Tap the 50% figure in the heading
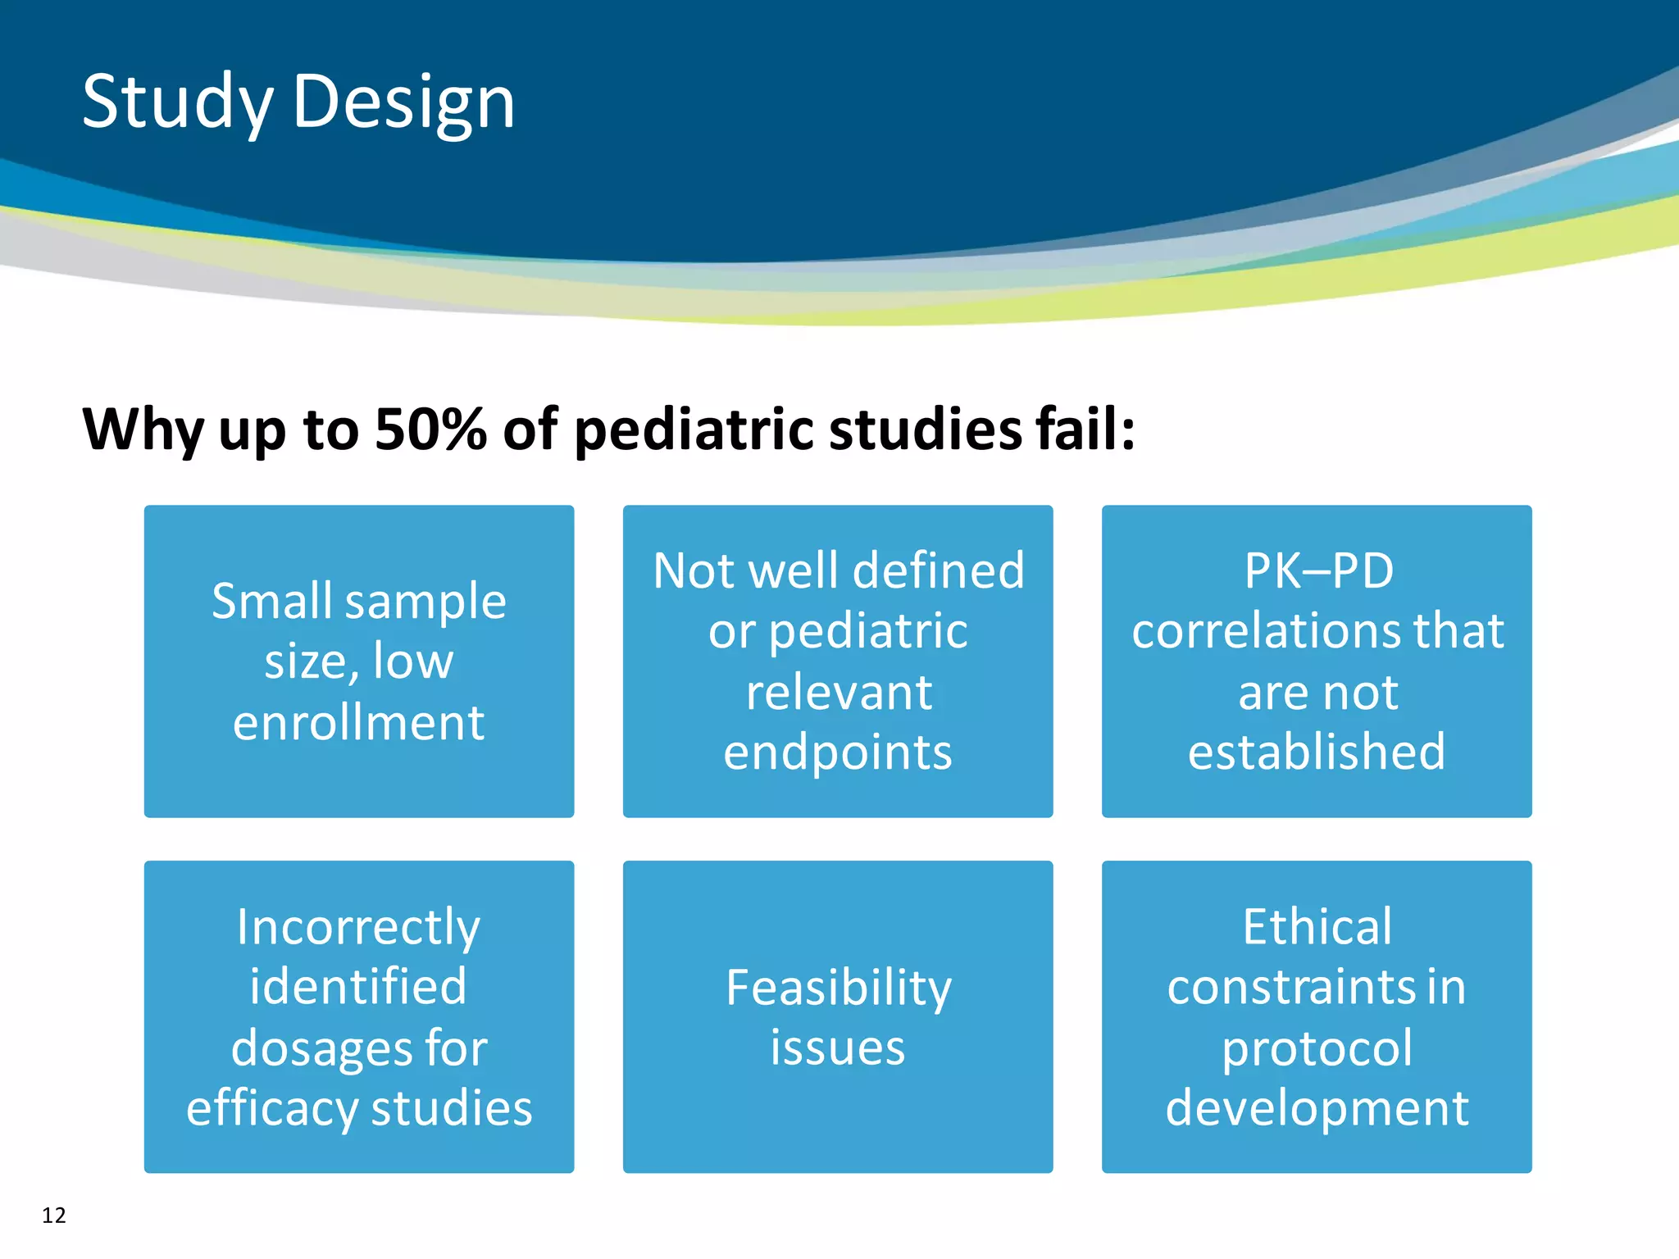[430, 429]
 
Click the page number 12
[54, 1215]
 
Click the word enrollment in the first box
[359, 722]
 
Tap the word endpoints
[838, 752]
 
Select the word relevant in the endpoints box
[839, 692]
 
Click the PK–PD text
[1318, 570]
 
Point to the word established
[1317, 752]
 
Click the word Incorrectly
[358, 927]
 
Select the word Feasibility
[839, 987]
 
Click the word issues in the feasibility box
[838, 1048]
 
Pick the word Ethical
[1317, 927]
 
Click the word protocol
[1317, 1048]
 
